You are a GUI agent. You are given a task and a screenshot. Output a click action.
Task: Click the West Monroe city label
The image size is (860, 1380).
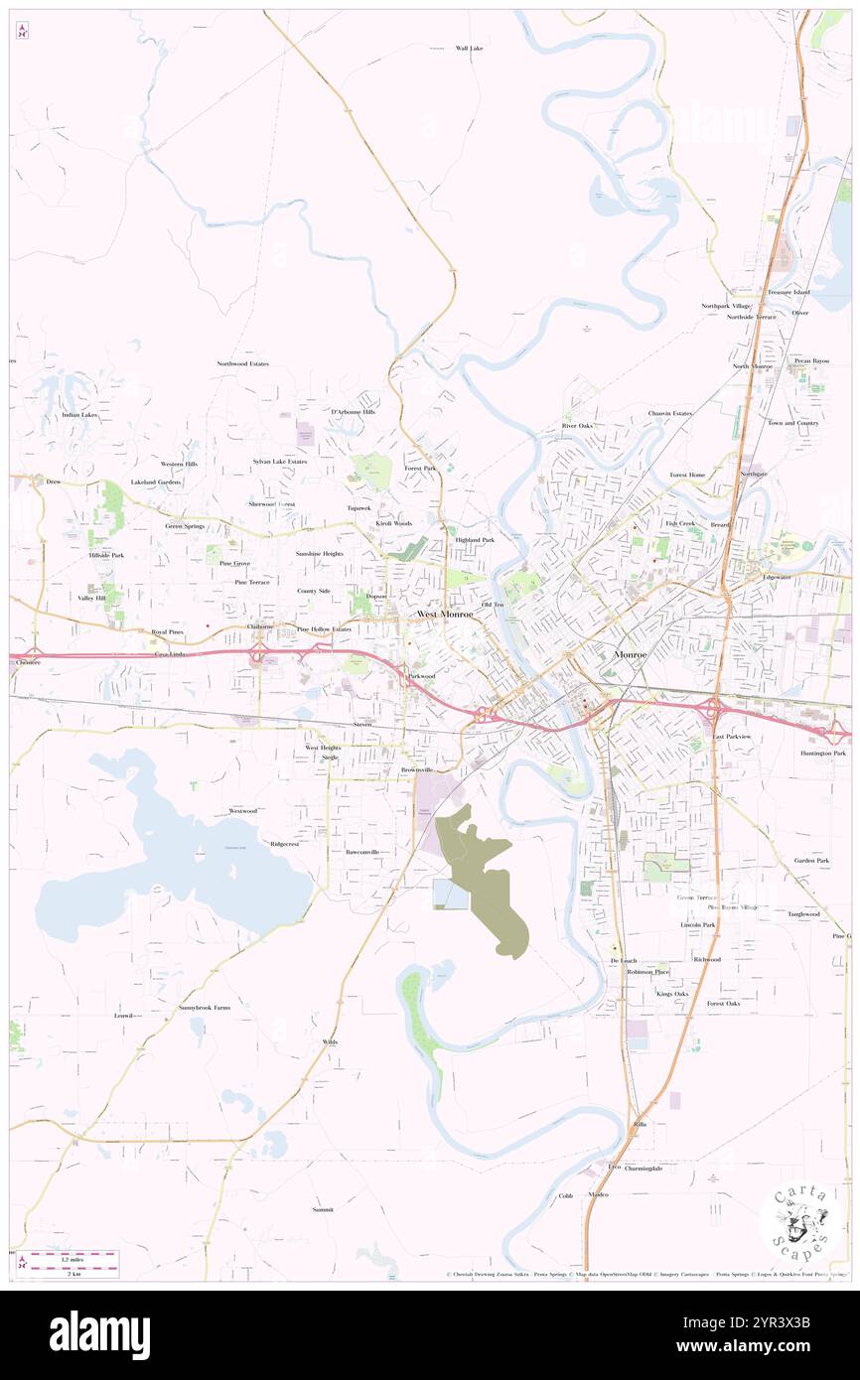(x=444, y=615)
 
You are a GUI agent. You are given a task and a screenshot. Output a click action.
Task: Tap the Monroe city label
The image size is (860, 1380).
(x=630, y=655)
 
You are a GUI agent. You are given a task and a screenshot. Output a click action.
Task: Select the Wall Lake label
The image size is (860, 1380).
(x=469, y=48)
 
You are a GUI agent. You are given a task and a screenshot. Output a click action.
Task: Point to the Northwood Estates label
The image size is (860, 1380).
(x=243, y=364)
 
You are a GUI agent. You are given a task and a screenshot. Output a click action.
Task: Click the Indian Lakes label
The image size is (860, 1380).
(x=79, y=415)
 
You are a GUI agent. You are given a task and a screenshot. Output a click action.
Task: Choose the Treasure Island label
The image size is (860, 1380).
(x=788, y=292)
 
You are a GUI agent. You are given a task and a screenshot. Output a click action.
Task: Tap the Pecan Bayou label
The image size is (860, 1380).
(x=811, y=360)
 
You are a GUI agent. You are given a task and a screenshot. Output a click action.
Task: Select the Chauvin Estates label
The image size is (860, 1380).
(x=670, y=413)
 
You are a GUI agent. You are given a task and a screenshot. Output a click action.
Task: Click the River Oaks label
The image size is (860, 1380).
(x=577, y=426)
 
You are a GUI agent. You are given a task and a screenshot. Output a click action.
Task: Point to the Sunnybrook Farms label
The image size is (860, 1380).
(x=205, y=1007)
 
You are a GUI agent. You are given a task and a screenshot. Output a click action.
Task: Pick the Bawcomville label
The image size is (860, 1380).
(x=362, y=852)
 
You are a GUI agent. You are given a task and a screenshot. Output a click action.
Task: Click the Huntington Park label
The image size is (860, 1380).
(x=823, y=754)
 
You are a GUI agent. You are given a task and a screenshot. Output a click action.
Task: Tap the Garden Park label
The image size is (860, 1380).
(x=811, y=860)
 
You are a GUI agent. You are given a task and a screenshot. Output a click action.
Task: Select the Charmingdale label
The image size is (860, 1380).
(x=644, y=1169)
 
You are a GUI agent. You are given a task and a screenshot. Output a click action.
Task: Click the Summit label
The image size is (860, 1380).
(x=323, y=1210)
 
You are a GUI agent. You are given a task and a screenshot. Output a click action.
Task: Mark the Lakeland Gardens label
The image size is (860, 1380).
(x=156, y=483)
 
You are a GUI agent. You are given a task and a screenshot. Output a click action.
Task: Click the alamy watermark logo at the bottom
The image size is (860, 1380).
(x=99, y=1334)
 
